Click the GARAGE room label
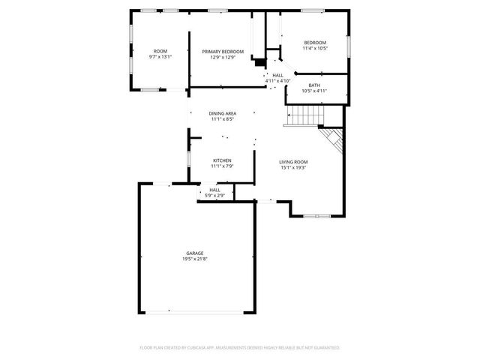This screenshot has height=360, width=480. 194,253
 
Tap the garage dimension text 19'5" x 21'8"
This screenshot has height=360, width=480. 194,259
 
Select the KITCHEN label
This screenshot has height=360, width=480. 222,160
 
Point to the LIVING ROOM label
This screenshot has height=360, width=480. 293,161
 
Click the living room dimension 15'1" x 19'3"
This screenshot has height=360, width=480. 293,167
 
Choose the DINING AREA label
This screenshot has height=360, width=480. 223,113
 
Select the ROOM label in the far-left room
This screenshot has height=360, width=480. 160,51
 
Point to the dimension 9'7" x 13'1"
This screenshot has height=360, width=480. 160,57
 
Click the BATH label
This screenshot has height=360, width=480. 315,85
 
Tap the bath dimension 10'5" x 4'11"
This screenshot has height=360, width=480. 315,91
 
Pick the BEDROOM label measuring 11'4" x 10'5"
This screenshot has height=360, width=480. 315,42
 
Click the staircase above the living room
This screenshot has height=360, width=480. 305,115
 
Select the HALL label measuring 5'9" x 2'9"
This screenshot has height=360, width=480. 215,190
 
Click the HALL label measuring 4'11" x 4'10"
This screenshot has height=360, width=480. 277,75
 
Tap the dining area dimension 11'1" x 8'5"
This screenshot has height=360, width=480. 223,119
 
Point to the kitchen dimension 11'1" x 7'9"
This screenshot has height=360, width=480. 222,166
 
